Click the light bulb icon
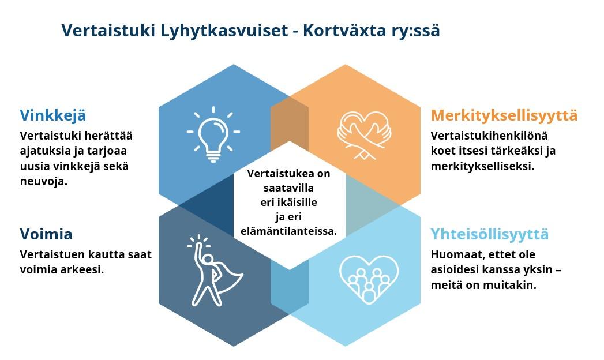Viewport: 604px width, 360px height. click(213, 135)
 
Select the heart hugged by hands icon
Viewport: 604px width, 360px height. click(363, 135)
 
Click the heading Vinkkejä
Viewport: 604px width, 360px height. click(53, 115)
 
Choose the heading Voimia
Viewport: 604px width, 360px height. click(46, 234)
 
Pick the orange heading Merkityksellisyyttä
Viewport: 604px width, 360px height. click(504, 115)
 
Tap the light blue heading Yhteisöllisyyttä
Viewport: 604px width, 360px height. click(489, 234)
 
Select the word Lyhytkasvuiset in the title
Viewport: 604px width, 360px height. click(224, 31)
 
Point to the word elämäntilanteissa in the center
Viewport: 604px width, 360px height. click(288, 231)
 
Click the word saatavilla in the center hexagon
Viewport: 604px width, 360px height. click(288, 188)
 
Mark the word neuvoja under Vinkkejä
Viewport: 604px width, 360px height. click(43, 181)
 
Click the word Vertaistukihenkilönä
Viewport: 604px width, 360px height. click(489, 136)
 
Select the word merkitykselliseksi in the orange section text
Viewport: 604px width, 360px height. click(482, 166)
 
